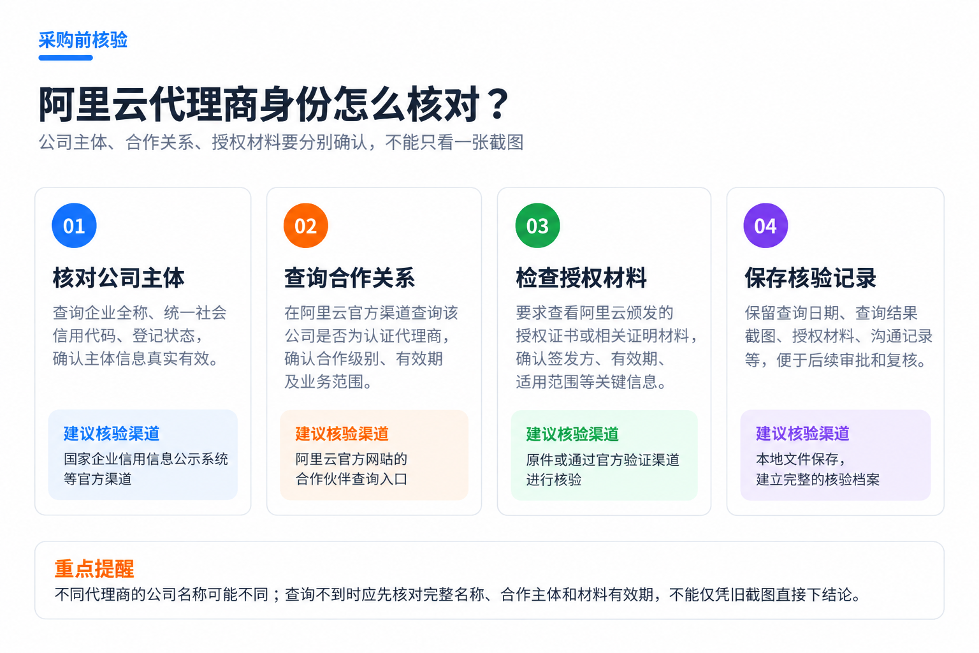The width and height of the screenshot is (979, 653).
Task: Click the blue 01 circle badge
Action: pos(74,225)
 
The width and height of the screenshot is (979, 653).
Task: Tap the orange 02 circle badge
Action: pos(305,225)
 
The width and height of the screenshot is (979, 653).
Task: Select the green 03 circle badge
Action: pos(537,225)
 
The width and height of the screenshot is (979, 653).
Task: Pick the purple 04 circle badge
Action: pos(765,225)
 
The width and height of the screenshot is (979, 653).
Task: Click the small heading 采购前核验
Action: pos(83,40)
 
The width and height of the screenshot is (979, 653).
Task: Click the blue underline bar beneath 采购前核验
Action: pos(66,58)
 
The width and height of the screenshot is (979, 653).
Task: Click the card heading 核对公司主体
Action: pos(119,278)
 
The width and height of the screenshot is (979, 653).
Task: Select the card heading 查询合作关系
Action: pos(349,278)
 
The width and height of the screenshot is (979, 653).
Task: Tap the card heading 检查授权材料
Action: pos(581,278)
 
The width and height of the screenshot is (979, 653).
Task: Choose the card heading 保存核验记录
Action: pos(810,278)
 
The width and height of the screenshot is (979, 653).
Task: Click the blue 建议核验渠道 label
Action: pos(112,434)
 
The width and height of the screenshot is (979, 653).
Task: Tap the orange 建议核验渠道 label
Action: pos(342,434)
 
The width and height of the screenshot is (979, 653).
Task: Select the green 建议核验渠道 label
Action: pos(572,434)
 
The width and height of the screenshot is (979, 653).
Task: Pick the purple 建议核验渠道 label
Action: pos(803,434)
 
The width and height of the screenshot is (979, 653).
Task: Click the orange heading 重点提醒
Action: pos(94,569)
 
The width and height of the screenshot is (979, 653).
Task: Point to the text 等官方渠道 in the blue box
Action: pos(98,479)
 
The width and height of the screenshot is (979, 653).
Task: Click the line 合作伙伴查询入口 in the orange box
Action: pos(351,479)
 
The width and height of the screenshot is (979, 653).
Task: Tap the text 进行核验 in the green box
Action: pos(554,480)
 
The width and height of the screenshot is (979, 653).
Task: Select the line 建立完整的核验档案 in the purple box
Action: pos(818,480)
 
